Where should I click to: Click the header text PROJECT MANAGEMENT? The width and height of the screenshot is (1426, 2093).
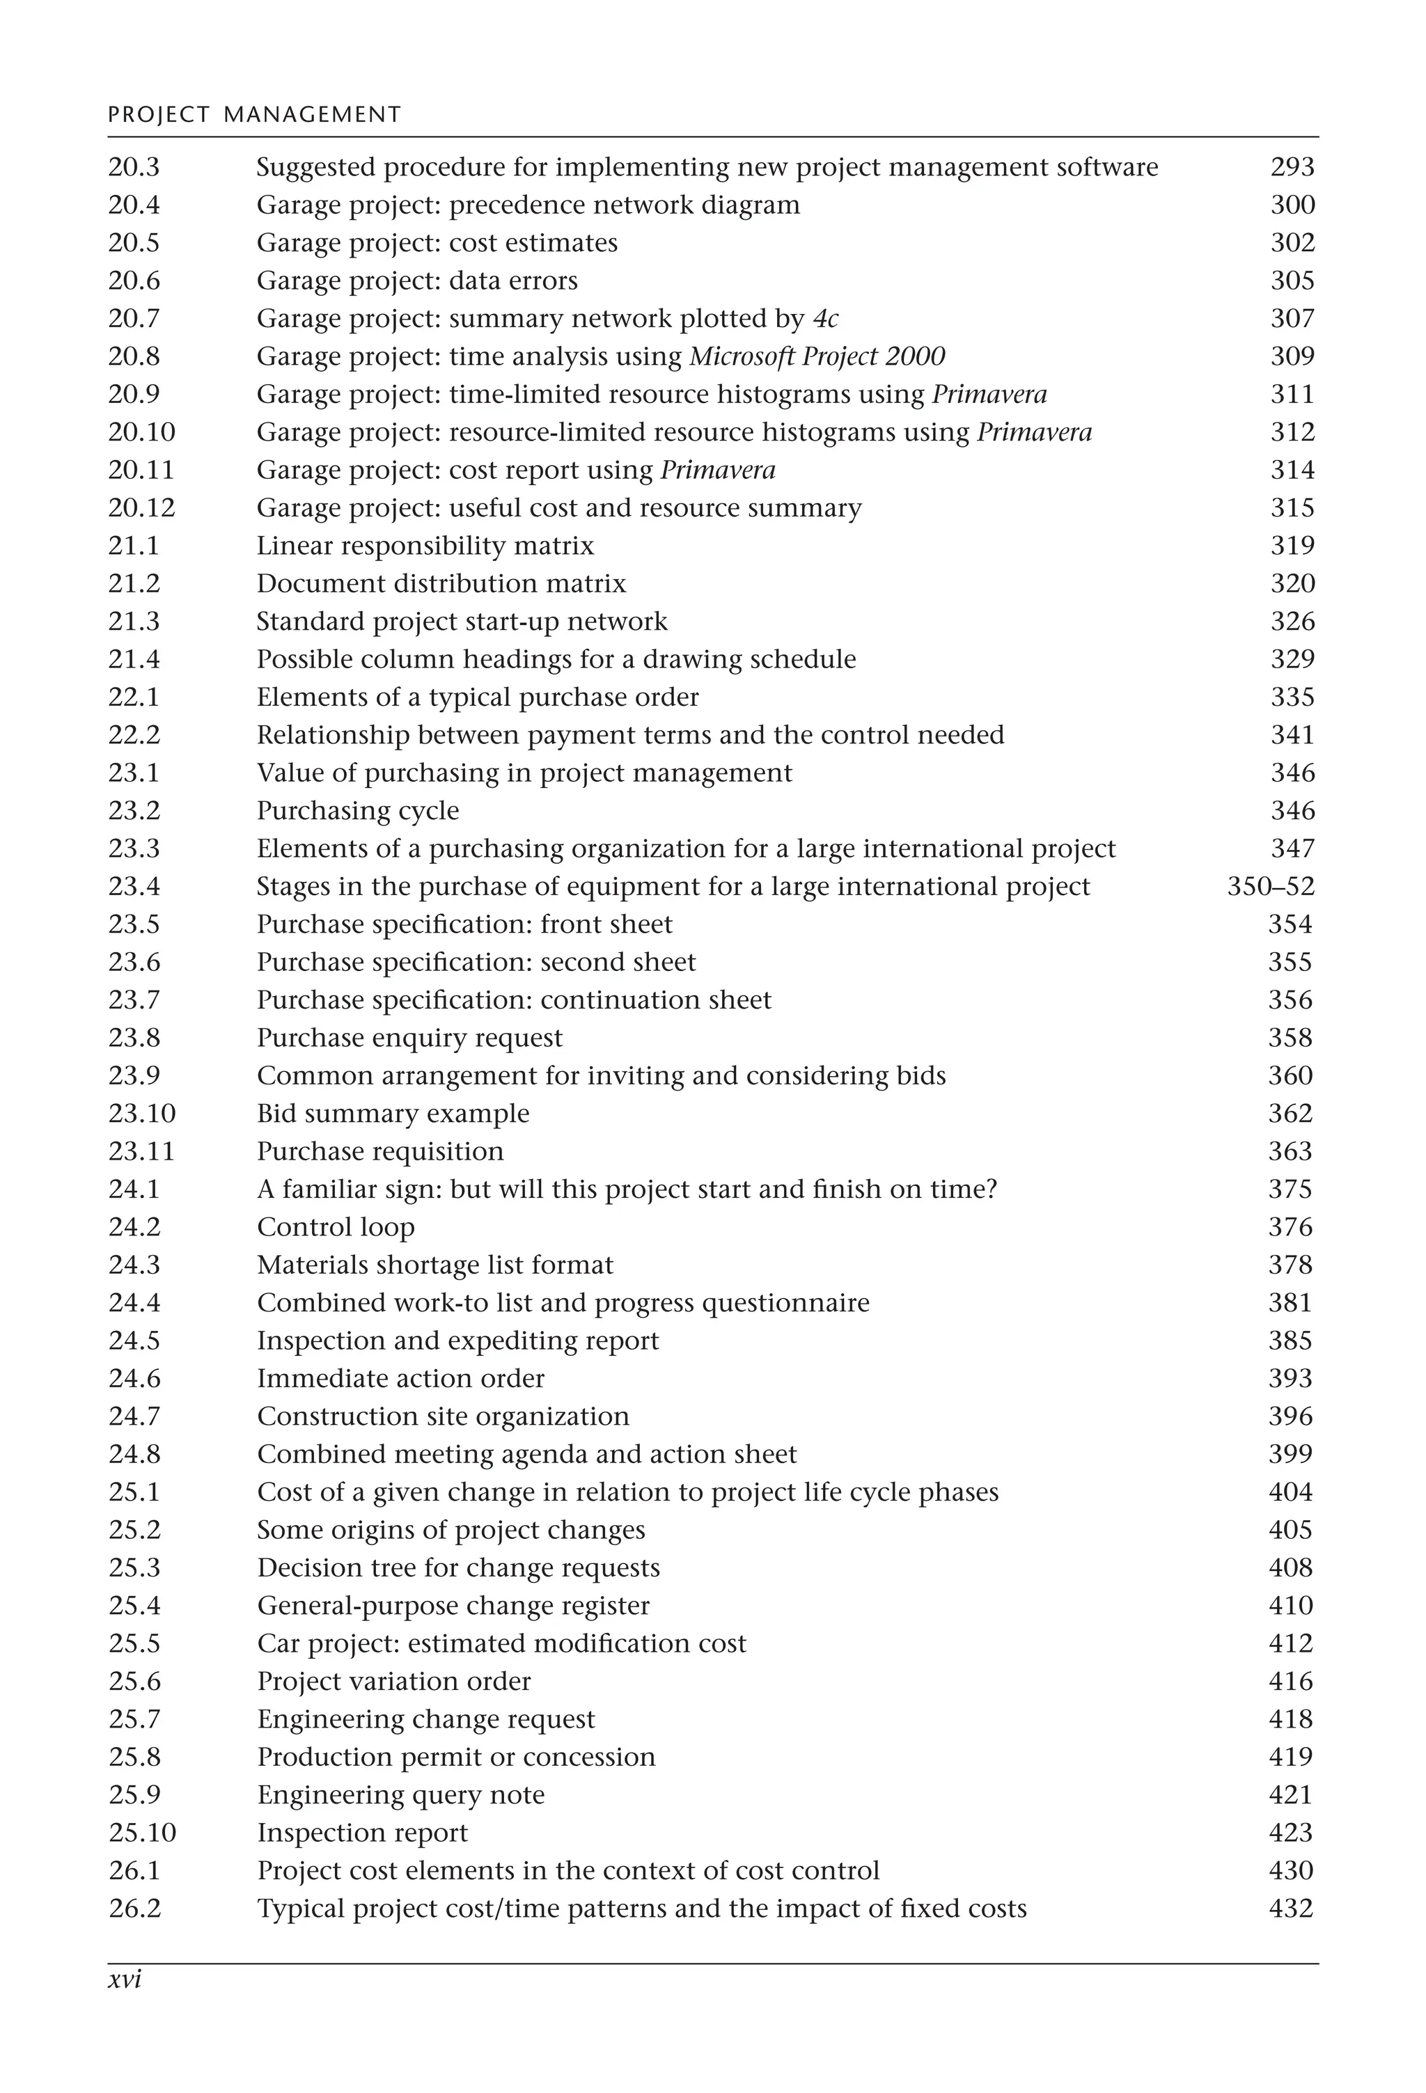(254, 114)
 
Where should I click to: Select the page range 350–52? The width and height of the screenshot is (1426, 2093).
(1270, 886)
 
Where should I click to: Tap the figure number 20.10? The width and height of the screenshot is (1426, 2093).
(141, 432)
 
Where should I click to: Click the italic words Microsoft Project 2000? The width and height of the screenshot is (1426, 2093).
(817, 356)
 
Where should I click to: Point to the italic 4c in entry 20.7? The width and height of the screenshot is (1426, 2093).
(825, 319)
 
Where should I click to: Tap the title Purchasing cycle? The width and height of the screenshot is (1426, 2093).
(358, 811)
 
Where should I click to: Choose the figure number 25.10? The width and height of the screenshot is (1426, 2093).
(142, 1832)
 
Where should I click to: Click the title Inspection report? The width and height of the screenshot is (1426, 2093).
(362, 1832)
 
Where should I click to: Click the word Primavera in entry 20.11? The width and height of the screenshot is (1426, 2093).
(718, 470)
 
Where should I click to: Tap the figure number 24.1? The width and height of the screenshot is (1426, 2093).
(134, 1189)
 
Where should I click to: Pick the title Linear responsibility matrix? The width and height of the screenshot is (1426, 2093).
(425, 546)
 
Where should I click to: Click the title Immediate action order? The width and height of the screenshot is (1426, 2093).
(401, 1378)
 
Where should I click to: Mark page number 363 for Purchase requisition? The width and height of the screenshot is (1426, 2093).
(1290, 1151)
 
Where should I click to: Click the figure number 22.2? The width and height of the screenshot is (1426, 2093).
(134, 735)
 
